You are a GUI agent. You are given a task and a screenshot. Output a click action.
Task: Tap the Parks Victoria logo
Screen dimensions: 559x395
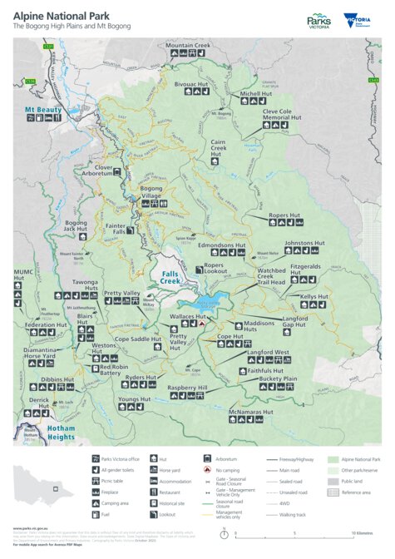tap(319, 20)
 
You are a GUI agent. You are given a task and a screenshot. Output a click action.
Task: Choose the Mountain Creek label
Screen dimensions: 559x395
tap(188, 45)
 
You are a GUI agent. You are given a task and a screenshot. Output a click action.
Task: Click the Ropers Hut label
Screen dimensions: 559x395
tap(284, 215)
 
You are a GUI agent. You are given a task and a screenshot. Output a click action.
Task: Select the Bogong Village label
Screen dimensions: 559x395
tap(151, 192)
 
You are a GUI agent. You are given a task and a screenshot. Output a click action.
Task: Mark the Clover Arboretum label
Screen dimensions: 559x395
tap(103, 171)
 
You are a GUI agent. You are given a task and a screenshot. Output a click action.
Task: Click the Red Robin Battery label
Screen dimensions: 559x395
tap(116, 369)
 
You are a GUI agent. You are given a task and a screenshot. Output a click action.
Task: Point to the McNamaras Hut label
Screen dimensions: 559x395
tap(250, 411)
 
